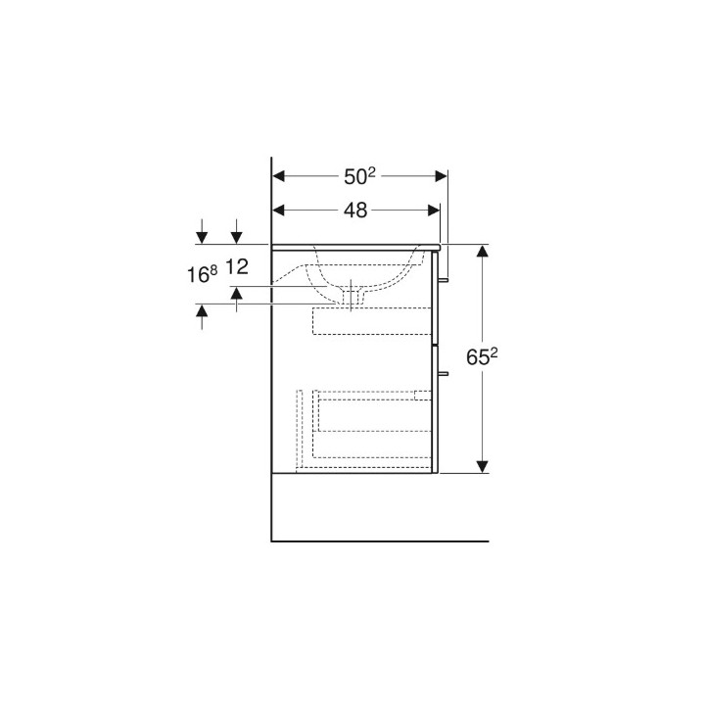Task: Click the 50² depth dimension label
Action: tap(359, 176)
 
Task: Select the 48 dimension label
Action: tap(355, 210)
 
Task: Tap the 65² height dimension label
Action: tap(482, 357)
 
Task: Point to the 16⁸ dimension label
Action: tap(203, 274)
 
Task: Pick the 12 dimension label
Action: tap(237, 267)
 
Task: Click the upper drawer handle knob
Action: tap(443, 280)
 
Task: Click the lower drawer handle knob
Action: tap(443, 373)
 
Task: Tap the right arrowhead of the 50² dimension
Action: tap(441, 176)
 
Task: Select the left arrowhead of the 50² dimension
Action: tap(279, 176)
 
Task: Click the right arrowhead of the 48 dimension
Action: tap(434, 210)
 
